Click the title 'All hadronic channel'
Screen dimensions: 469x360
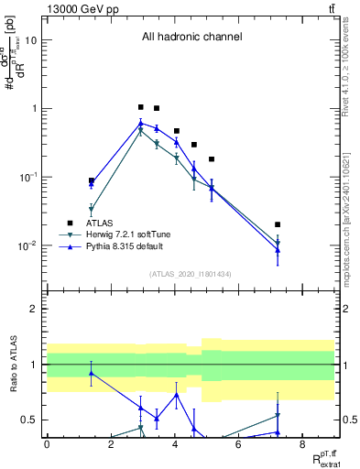191,37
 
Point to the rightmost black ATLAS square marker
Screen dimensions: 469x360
278,224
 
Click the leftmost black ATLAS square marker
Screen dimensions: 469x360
92,180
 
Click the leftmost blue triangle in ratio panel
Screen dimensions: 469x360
92,373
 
